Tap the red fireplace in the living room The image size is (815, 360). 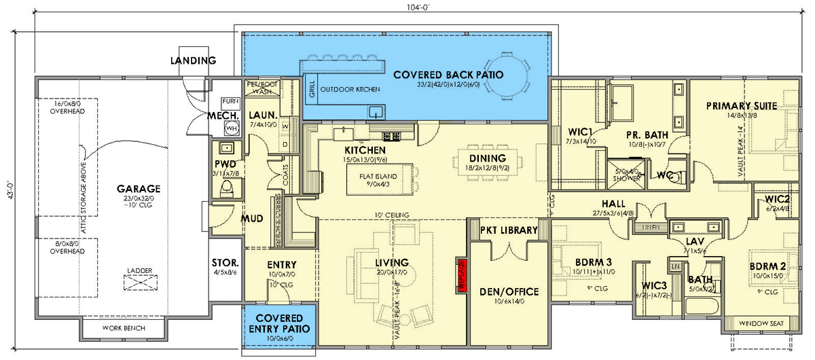click(460, 274)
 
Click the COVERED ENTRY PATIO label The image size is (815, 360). click(279, 323)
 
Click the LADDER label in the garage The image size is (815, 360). click(139, 270)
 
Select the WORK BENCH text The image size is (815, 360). click(124, 328)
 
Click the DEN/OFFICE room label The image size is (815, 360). click(509, 292)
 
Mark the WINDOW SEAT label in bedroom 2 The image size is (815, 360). click(759, 323)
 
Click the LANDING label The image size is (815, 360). click(193, 60)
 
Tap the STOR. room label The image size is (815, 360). click(225, 262)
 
